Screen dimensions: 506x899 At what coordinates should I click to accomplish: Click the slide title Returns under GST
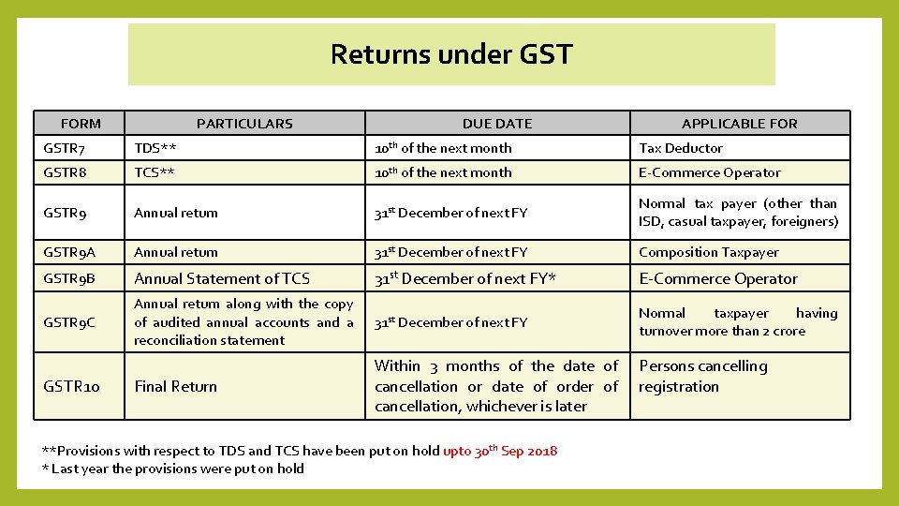coord(450,54)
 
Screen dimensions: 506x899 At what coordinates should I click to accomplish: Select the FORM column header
coord(81,123)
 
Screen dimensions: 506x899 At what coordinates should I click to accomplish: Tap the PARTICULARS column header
coord(244,123)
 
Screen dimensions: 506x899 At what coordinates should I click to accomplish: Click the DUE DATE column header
coord(496,123)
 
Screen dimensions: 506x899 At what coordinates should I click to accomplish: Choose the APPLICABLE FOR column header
coord(739,123)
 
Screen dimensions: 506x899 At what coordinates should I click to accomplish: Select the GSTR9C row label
coord(69,322)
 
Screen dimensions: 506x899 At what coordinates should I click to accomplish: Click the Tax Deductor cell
coord(681,148)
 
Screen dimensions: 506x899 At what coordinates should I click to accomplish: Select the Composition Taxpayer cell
coord(708,252)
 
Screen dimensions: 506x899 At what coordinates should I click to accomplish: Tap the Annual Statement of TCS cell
coord(222,278)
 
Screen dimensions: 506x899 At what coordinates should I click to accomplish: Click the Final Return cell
coord(175,386)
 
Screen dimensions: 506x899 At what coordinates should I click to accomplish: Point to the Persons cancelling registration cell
coord(702,376)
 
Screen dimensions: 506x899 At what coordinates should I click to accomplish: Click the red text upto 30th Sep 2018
coord(500,451)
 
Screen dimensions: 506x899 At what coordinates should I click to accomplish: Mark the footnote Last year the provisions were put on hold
coord(177,469)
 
